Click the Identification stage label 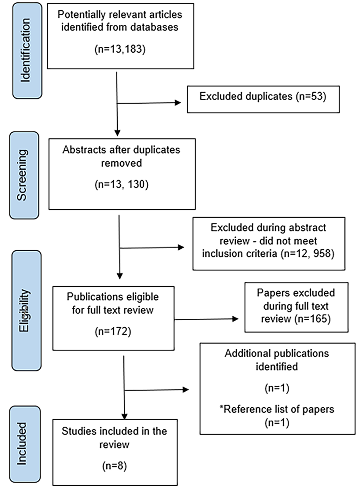pos(26,50)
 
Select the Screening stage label pos(22,175)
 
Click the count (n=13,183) pos(120,49)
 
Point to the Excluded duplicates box pos(263,100)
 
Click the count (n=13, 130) pos(122,184)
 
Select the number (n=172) pos(113,331)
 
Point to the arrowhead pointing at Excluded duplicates pos(178,103)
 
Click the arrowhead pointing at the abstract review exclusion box pos(181,247)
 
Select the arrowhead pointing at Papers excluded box pos(235,319)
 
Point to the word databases pos(154,27)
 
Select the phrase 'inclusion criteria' pos(240,254)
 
